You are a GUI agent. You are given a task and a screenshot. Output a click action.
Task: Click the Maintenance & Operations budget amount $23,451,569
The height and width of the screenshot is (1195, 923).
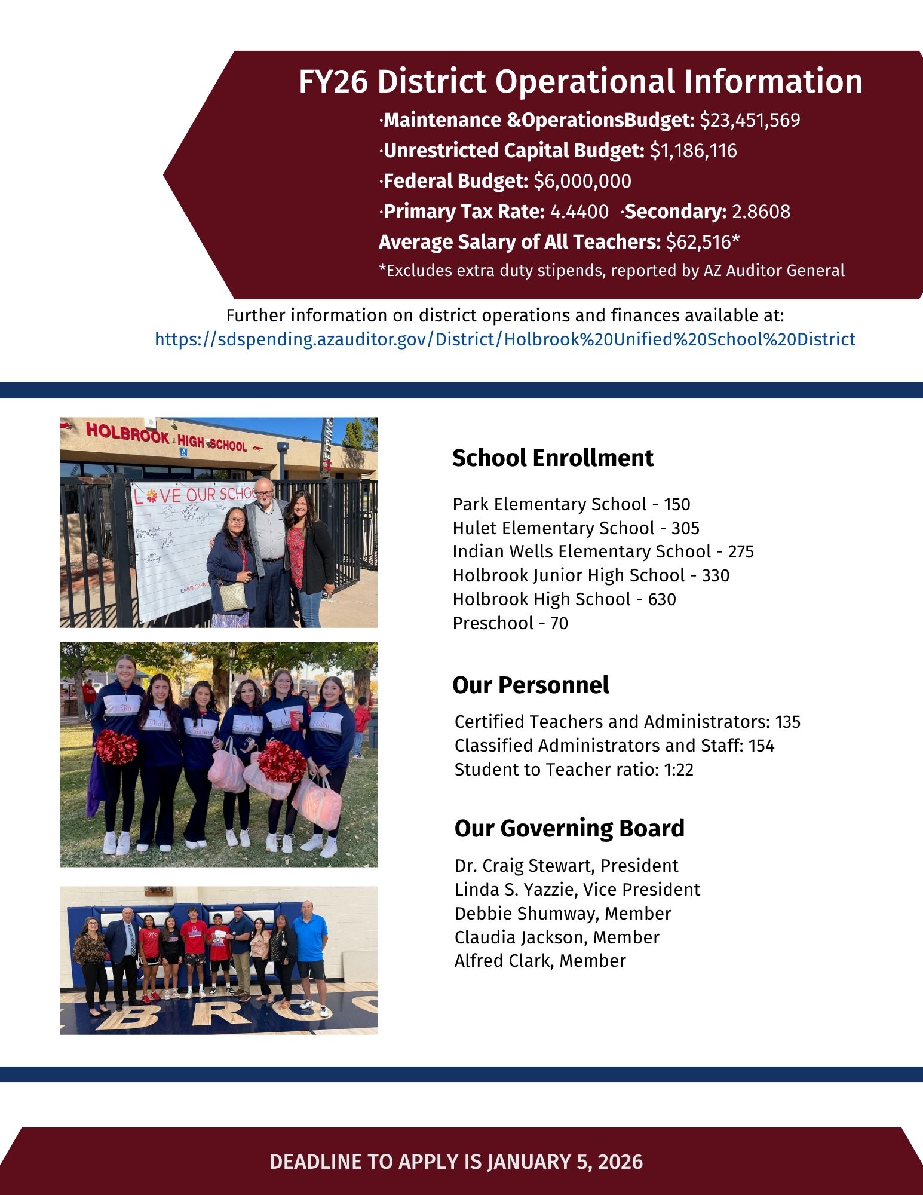pos(750,121)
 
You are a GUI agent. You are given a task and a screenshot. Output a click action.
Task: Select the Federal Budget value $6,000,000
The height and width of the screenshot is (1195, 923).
pos(582,181)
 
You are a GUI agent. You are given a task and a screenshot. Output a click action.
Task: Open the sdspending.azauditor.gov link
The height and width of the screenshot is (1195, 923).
pos(505,339)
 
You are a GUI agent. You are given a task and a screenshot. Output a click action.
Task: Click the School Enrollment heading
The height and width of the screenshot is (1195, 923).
pos(553,458)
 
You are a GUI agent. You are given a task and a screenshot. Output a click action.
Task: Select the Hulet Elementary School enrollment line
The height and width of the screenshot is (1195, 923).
pos(575,528)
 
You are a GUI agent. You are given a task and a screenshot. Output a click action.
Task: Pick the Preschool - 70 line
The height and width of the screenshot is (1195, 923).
pos(510,623)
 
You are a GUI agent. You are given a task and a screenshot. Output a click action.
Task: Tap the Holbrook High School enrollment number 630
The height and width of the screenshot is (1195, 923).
pos(662,599)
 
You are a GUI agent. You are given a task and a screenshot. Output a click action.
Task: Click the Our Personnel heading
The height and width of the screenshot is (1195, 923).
pos(531,685)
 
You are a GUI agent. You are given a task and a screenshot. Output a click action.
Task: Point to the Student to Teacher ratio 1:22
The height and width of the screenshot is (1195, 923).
pos(679,770)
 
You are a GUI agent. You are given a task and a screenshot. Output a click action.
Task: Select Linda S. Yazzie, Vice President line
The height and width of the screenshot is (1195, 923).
pos(577,890)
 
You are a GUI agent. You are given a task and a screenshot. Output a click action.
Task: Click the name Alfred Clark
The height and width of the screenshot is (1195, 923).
pos(502,961)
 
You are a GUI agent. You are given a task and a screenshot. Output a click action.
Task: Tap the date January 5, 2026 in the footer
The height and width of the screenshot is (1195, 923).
pos(565,1162)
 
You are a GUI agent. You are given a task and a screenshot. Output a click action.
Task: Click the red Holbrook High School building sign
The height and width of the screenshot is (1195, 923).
pos(166,438)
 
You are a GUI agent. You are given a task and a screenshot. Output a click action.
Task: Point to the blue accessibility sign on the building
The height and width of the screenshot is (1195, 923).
pos(183,452)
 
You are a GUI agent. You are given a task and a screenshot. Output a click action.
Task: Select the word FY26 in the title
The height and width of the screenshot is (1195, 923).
pos(333,82)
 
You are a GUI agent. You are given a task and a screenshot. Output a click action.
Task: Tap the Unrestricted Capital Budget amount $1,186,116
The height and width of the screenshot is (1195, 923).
pos(693,151)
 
